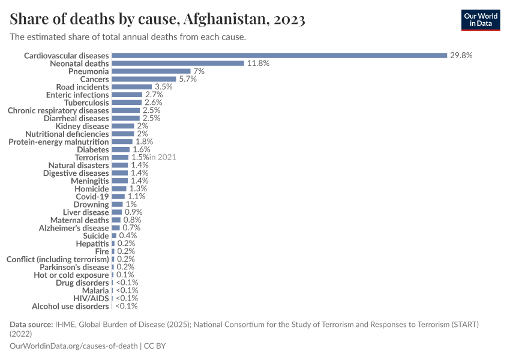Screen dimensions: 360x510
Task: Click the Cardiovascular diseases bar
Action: pos(279,55)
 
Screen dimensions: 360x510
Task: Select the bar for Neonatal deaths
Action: pos(178,63)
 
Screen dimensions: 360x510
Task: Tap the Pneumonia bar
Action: pos(151,71)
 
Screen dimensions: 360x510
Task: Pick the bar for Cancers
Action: pos(144,79)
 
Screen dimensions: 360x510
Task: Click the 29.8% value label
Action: pos(461,55)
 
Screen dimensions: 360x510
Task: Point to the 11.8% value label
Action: pos(258,63)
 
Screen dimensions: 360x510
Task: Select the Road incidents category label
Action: pos(86,86)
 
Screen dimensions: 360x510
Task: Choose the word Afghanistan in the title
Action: pos(226,20)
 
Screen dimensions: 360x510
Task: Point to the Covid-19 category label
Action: pos(92,196)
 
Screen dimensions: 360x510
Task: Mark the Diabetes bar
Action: pos(121,149)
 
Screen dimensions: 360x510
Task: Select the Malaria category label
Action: pos(95,290)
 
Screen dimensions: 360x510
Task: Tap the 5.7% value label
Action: pos(188,79)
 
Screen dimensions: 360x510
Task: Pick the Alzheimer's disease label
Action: pos(74,228)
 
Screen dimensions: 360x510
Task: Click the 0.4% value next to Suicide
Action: pos(128,236)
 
